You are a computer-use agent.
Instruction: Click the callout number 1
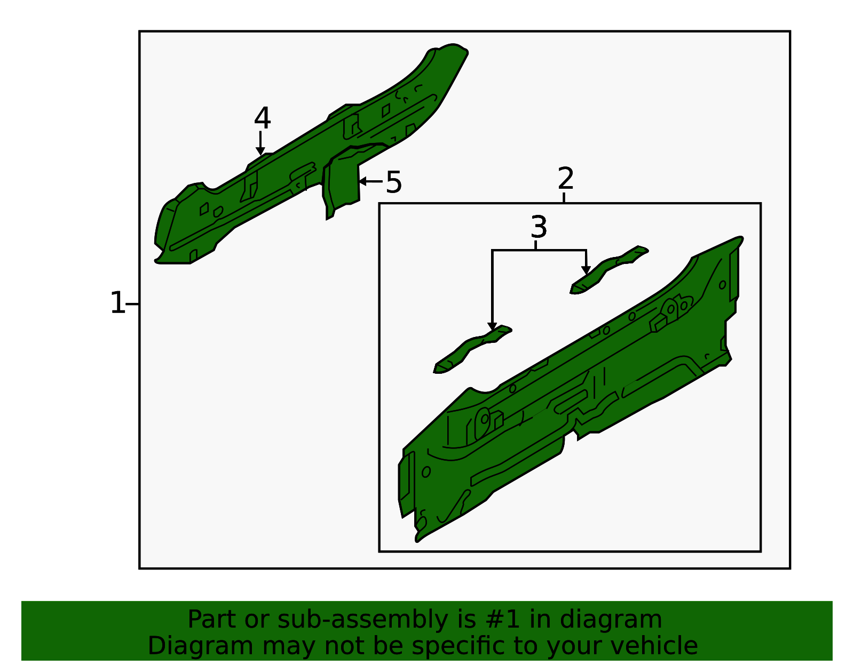tap(118, 303)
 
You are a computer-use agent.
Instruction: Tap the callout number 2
tap(566, 178)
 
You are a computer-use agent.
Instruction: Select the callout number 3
tap(539, 227)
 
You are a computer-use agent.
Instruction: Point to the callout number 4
tap(263, 118)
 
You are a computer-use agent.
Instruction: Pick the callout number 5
tap(394, 182)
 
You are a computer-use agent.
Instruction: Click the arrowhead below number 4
tap(260, 151)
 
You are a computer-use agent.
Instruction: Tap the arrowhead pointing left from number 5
tap(363, 181)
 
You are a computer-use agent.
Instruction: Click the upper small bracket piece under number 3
tap(608, 271)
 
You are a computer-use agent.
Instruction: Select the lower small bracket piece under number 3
tap(472, 350)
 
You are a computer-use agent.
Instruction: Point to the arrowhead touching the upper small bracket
tap(586, 270)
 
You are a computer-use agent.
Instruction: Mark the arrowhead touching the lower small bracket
tap(492, 326)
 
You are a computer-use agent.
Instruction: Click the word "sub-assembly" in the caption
tap(362, 620)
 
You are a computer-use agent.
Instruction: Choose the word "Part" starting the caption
tap(212, 620)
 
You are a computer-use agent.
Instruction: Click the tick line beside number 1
tap(132, 304)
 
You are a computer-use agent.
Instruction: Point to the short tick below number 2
tap(564, 197)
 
